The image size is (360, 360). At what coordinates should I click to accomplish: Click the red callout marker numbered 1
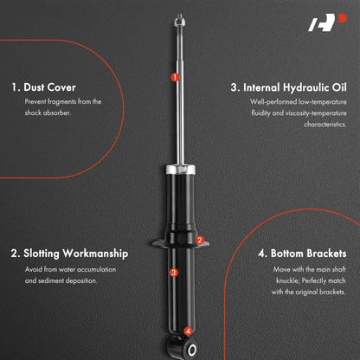(175, 77)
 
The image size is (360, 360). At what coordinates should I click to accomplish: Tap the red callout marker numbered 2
(200, 240)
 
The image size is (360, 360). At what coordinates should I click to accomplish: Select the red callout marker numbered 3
(173, 273)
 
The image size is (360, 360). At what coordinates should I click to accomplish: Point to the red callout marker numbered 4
(188, 331)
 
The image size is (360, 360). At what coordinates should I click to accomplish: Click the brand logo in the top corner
(327, 22)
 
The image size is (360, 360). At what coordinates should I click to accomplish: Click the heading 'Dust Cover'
(49, 87)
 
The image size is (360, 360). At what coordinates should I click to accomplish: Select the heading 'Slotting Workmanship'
(76, 254)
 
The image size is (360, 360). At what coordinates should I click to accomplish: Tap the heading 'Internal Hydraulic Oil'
(295, 87)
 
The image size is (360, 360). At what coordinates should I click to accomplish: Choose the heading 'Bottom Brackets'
(308, 254)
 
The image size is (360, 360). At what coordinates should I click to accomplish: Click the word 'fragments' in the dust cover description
(61, 101)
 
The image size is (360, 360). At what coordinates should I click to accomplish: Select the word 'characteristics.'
(325, 125)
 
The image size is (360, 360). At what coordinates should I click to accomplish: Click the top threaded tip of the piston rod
(179, 20)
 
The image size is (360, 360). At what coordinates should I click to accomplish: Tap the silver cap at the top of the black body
(180, 169)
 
